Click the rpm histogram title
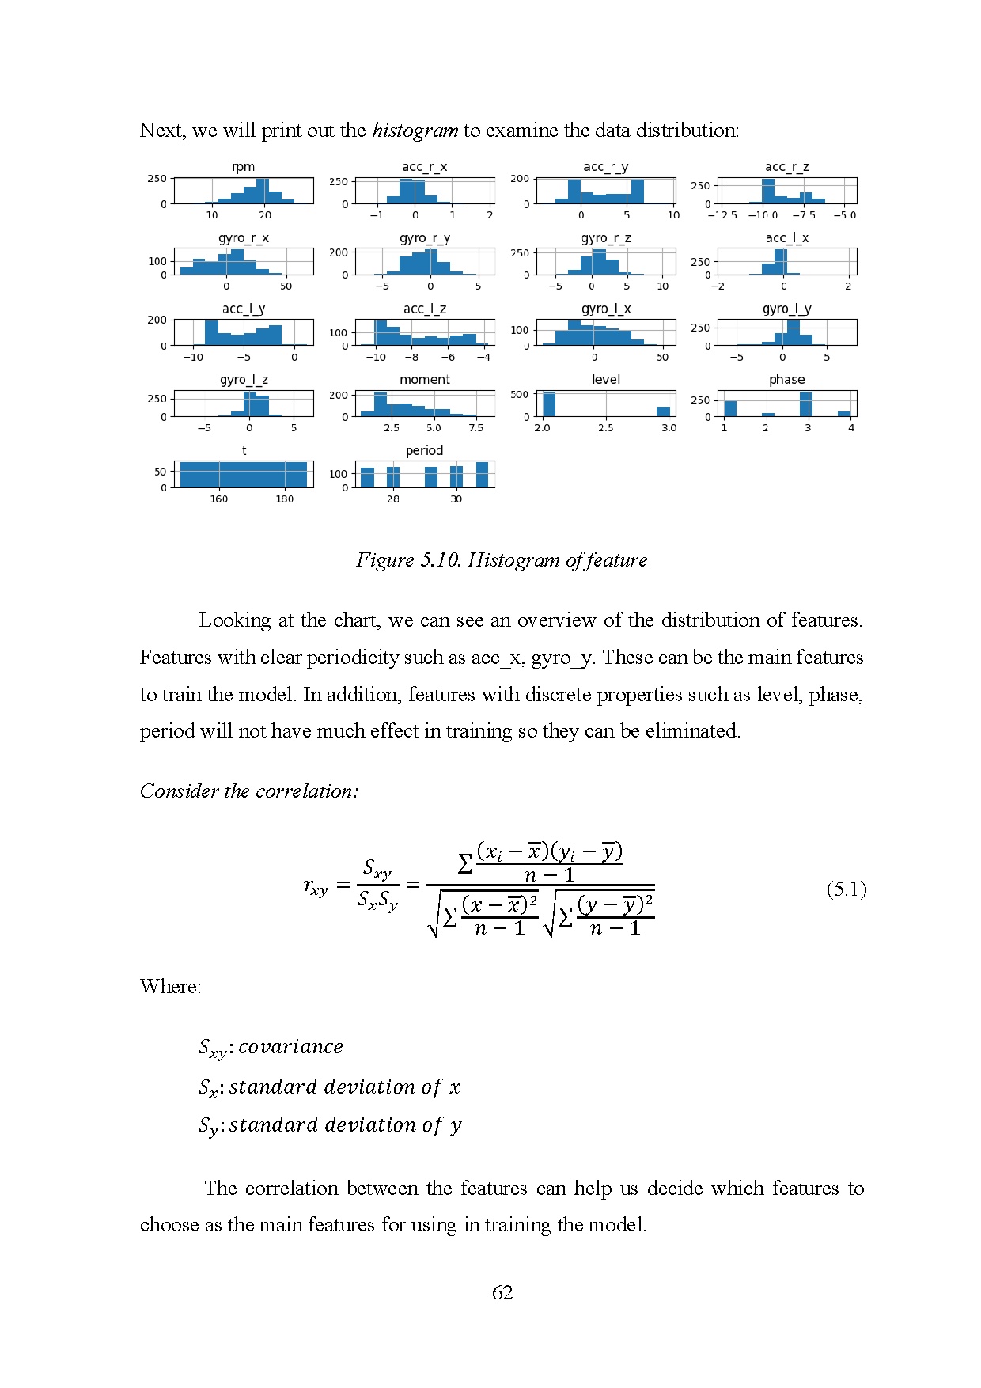(x=243, y=167)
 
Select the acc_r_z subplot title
(x=786, y=167)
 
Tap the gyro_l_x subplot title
(x=605, y=309)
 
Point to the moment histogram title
(x=424, y=380)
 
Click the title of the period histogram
(x=424, y=451)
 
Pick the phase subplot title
(x=786, y=380)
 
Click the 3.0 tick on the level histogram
(x=669, y=428)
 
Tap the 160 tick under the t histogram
(x=218, y=499)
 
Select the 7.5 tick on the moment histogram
(x=475, y=428)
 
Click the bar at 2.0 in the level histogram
(x=548, y=404)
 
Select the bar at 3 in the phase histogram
(x=805, y=404)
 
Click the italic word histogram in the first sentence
(x=415, y=131)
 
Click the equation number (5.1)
(x=846, y=889)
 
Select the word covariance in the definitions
(x=290, y=1047)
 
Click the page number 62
(x=502, y=1292)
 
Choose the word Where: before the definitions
(x=170, y=987)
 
